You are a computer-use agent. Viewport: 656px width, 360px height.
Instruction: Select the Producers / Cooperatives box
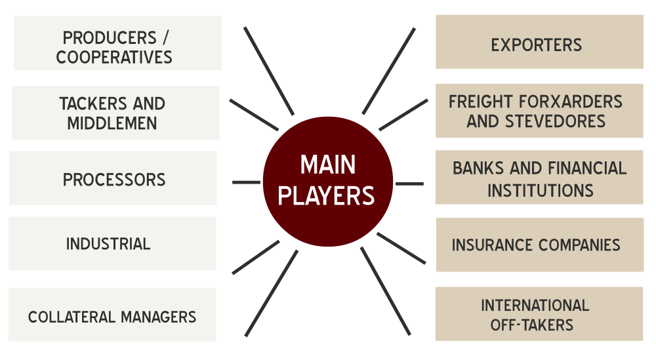point(117,43)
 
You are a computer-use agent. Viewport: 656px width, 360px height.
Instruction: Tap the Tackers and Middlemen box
point(115,112)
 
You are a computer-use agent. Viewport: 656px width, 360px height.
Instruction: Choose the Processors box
point(113,178)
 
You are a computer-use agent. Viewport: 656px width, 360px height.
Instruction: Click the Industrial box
point(112,243)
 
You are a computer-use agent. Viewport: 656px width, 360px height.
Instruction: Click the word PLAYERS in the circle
point(327,195)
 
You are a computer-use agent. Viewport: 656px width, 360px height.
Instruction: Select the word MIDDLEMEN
point(112,123)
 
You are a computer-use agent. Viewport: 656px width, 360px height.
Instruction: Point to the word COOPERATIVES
point(114,57)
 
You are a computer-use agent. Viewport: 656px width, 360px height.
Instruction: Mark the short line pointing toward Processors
point(246,182)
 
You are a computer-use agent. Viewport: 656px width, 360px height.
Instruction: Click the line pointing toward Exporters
point(388,71)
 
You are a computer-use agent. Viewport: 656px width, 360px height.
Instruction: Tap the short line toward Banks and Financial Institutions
point(409,183)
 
